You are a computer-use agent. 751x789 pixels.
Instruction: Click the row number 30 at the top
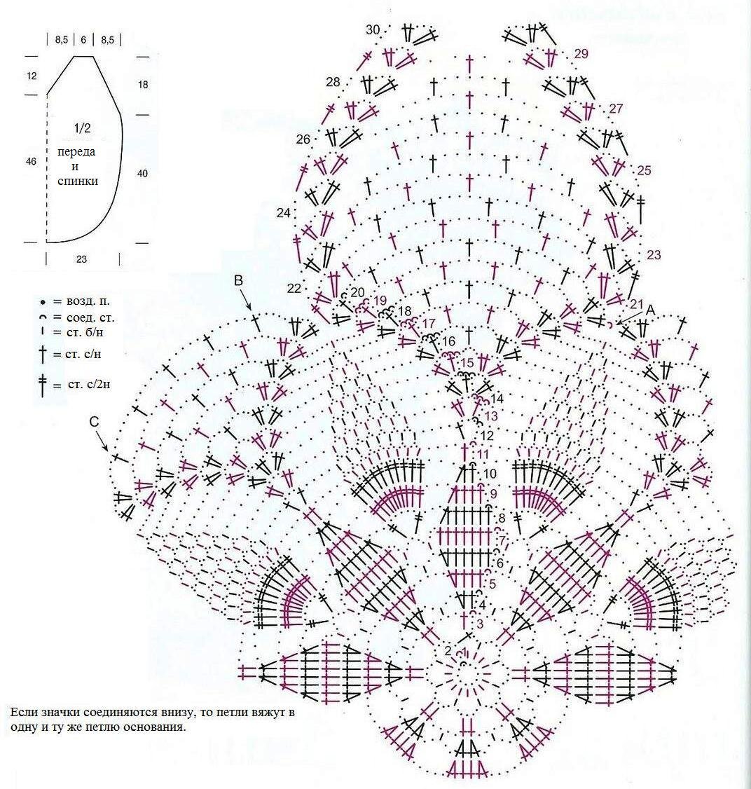click(x=373, y=29)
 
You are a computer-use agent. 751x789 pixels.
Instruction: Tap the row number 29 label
click(x=581, y=53)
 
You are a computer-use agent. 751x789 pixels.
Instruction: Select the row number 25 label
click(x=645, y=170)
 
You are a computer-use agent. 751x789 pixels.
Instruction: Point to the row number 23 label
click(x=654, y=255)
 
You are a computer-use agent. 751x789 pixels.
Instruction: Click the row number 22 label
click(x=294, y=289)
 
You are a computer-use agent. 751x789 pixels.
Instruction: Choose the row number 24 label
click(x=283, y=212)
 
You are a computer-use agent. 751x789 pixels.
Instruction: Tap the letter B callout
click(x=238, y=280)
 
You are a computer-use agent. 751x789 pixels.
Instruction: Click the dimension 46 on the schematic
click(x=31, y=162)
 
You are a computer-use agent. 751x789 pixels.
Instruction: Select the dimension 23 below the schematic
click(x=81, y=259)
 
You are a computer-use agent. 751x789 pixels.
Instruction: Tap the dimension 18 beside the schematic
click(x=143, y=85)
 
